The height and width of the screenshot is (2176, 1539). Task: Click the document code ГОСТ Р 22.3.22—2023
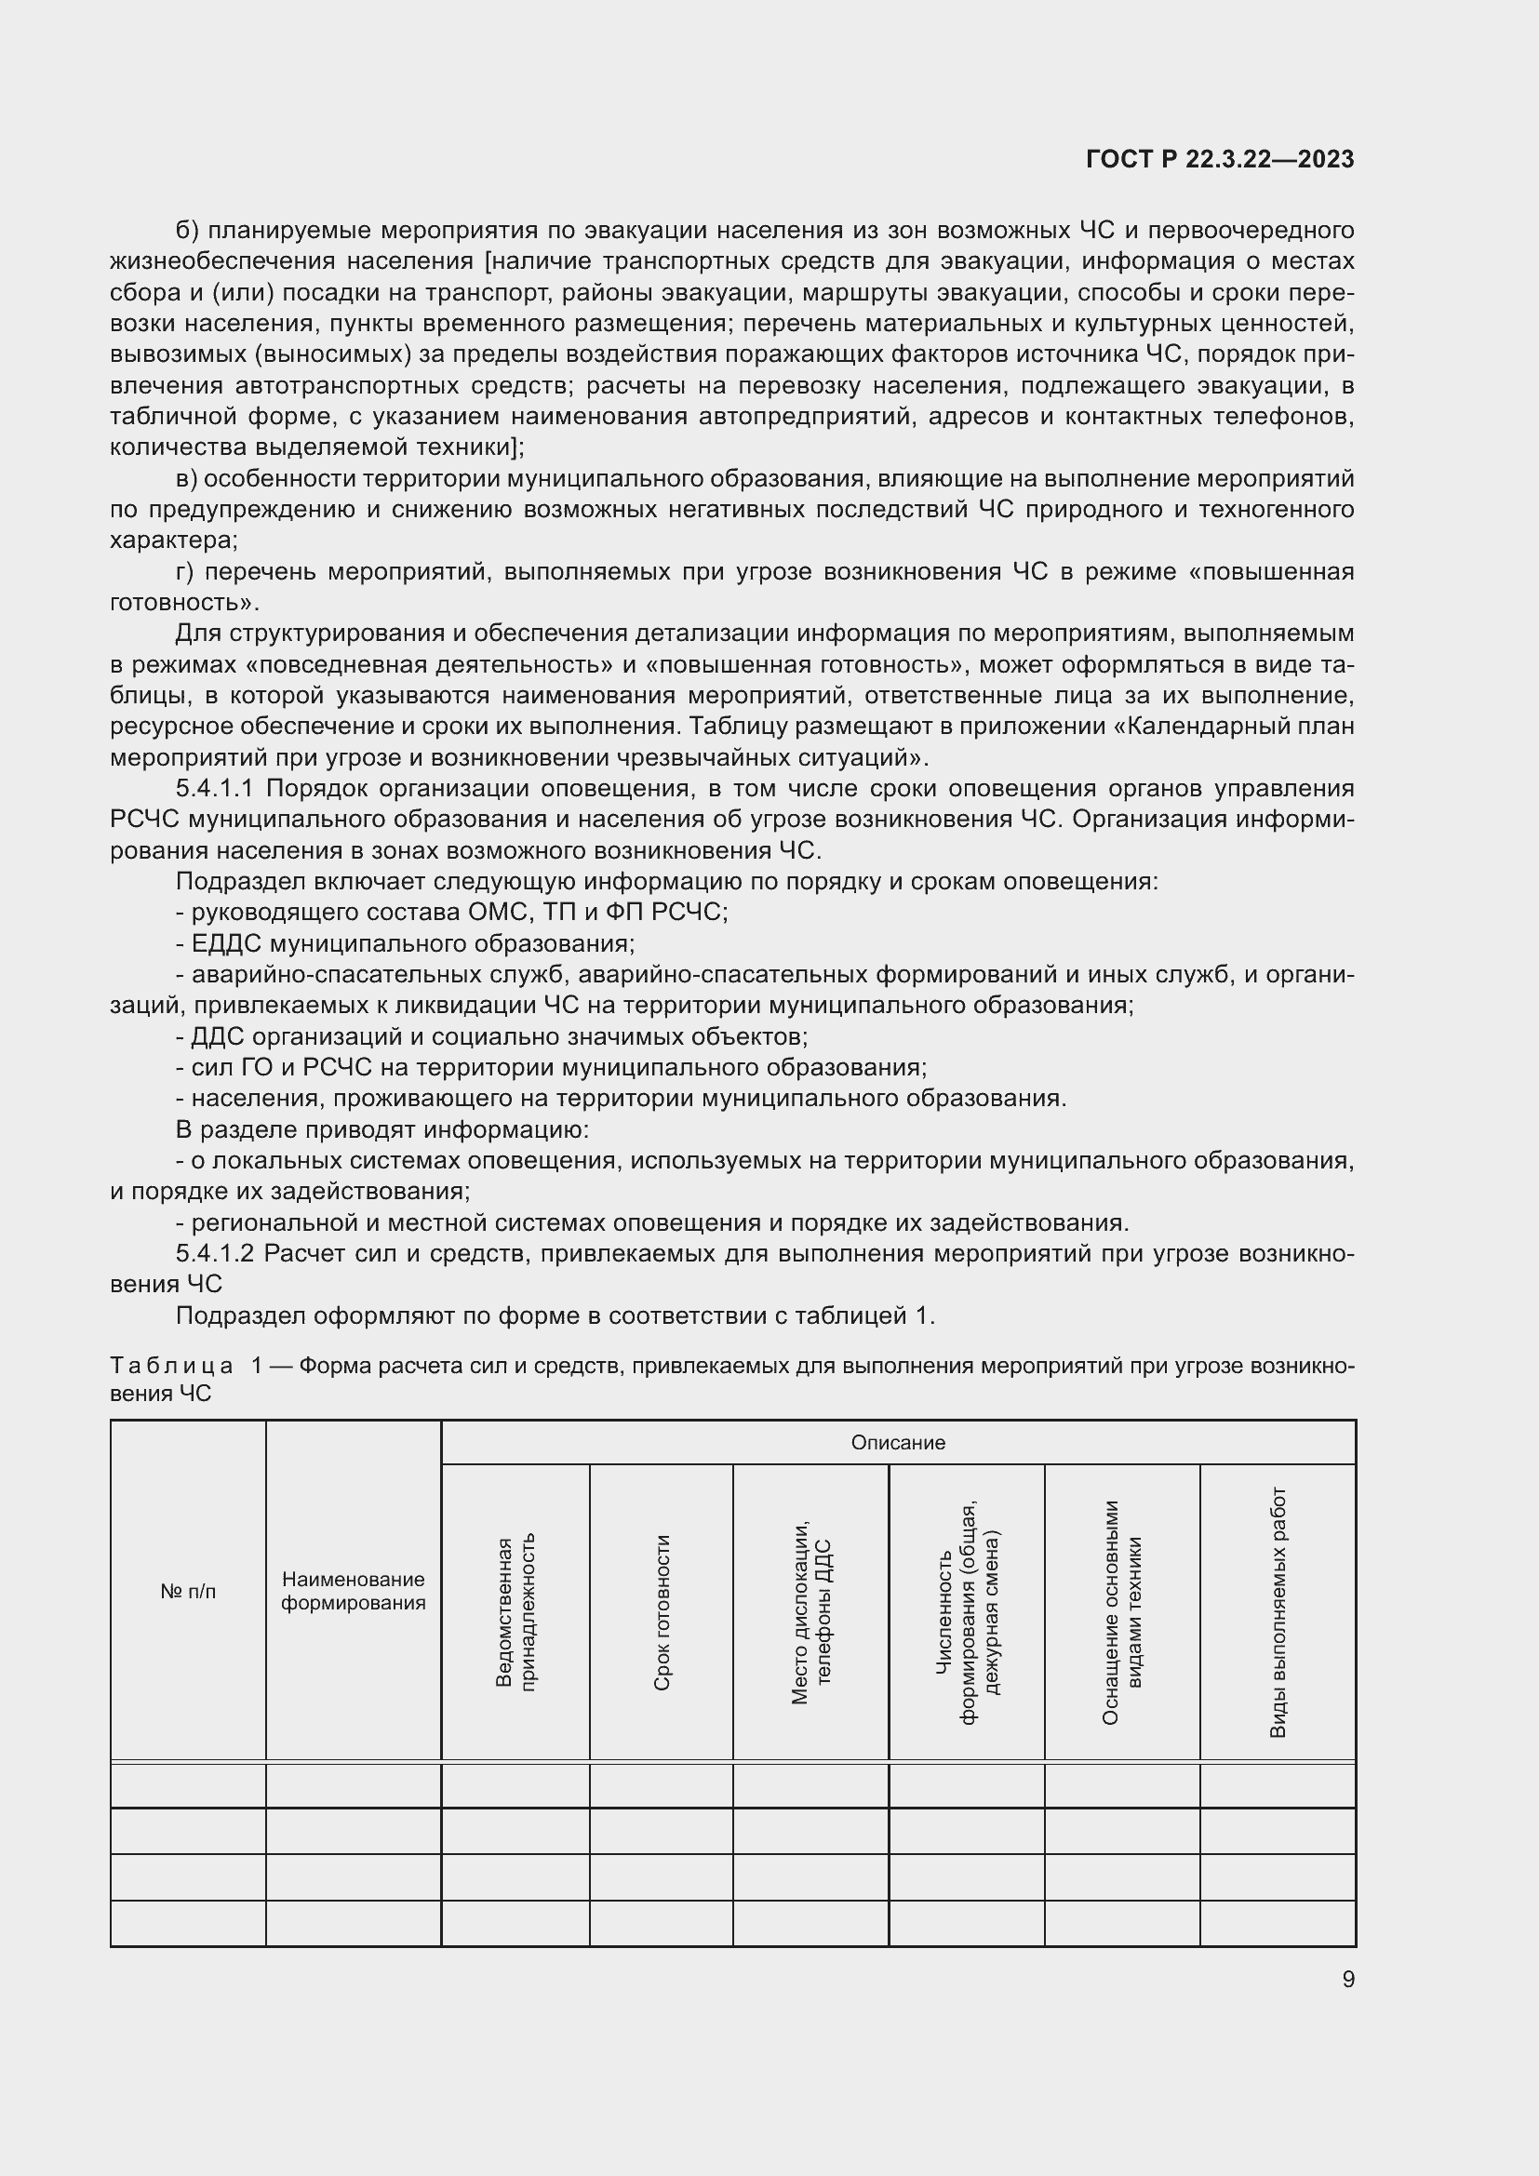(1220, 160)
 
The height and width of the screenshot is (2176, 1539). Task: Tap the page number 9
(1347, 1979)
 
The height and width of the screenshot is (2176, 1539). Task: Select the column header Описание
(897, 1443)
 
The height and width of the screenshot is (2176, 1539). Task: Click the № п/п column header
(188, 1591)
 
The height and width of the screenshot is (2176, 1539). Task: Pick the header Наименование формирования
(353, 1590)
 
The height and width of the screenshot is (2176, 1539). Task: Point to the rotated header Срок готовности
(662, 1612)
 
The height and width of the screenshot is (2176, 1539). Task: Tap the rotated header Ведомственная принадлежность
(515, 1612)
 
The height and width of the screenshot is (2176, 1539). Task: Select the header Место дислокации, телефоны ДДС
(810, 1612)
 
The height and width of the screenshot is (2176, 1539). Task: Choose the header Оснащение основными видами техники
(1122, 1612)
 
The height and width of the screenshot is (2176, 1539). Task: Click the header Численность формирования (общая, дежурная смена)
(967, 1612)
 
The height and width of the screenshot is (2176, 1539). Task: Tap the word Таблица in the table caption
(171, 1366)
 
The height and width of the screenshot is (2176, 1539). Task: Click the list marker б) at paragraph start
(187, 231)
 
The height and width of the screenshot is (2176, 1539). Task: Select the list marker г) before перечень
(185, 571)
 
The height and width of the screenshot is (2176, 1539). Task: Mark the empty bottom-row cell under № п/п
(188, 1923)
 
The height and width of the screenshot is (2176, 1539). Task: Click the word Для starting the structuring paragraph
(197, 634)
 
